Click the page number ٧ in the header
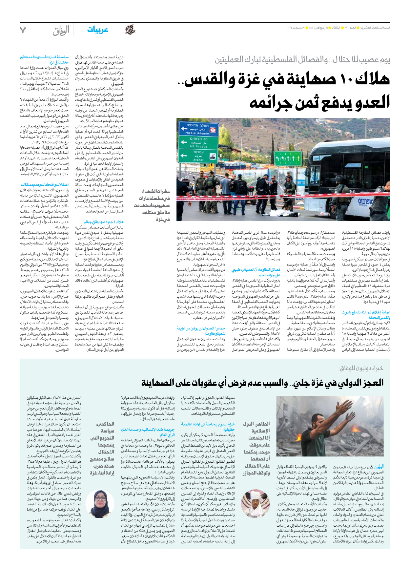click(23, 30)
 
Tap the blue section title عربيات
click(97, 30)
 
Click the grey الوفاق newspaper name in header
click(61, 31)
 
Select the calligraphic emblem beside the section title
click(130, 30)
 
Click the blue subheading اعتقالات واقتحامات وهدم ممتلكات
click(45, 184)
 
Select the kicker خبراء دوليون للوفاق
click(360, 369)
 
